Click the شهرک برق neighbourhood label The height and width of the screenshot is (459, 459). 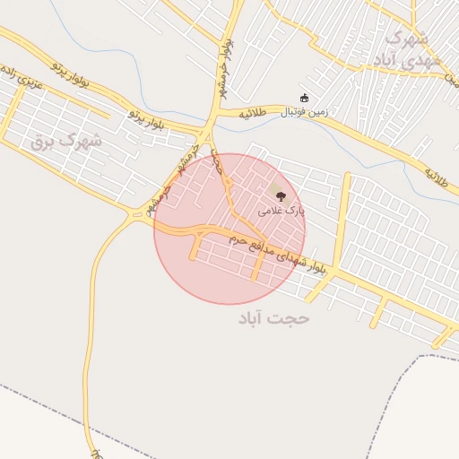point(66,140)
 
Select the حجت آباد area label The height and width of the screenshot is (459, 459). point(273,318)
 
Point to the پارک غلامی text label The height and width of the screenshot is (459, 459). point(281,212)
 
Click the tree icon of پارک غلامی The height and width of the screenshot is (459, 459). point(281,195)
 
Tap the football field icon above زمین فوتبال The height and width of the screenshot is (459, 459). point(304,98)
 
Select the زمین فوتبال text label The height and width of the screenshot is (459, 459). point(306,113)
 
